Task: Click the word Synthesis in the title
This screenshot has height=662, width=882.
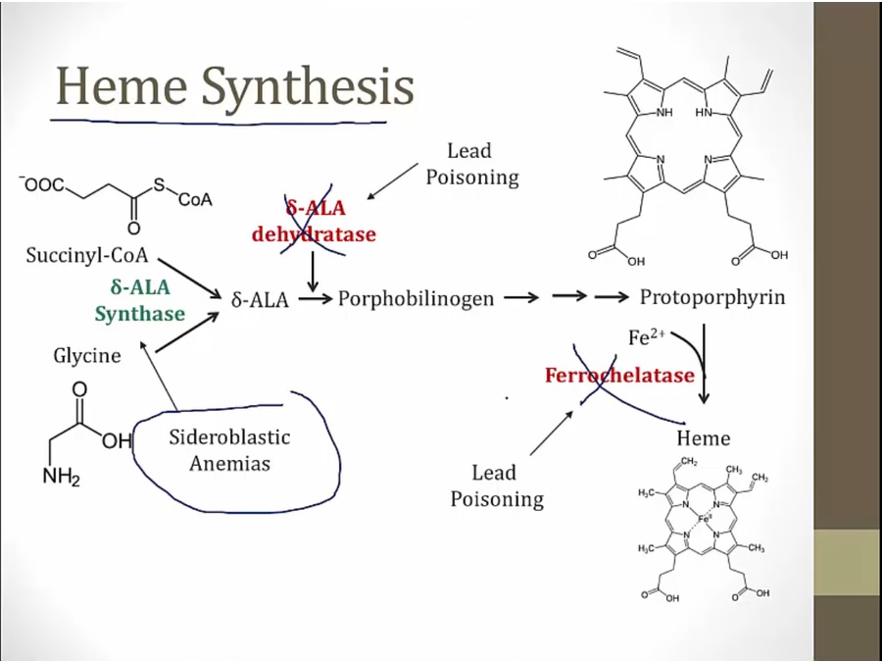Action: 309,88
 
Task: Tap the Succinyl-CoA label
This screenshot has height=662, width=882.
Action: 87,257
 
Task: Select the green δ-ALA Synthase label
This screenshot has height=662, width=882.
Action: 139,301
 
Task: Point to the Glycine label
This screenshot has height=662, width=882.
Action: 87,355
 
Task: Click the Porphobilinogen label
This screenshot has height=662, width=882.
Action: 416,298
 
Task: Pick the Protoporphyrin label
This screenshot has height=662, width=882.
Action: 712,297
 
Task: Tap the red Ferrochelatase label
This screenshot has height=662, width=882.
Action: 619,376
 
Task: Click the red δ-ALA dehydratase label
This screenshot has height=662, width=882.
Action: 314,221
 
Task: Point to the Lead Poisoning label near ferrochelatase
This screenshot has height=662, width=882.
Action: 497,486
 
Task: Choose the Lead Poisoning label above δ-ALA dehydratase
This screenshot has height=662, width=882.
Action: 471,164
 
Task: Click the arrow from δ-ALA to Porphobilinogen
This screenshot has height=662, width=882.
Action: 315,298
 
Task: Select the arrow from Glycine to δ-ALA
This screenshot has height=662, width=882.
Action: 186,333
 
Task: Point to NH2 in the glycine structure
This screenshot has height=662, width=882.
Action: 60,479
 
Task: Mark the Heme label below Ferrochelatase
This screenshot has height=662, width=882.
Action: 703,437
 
